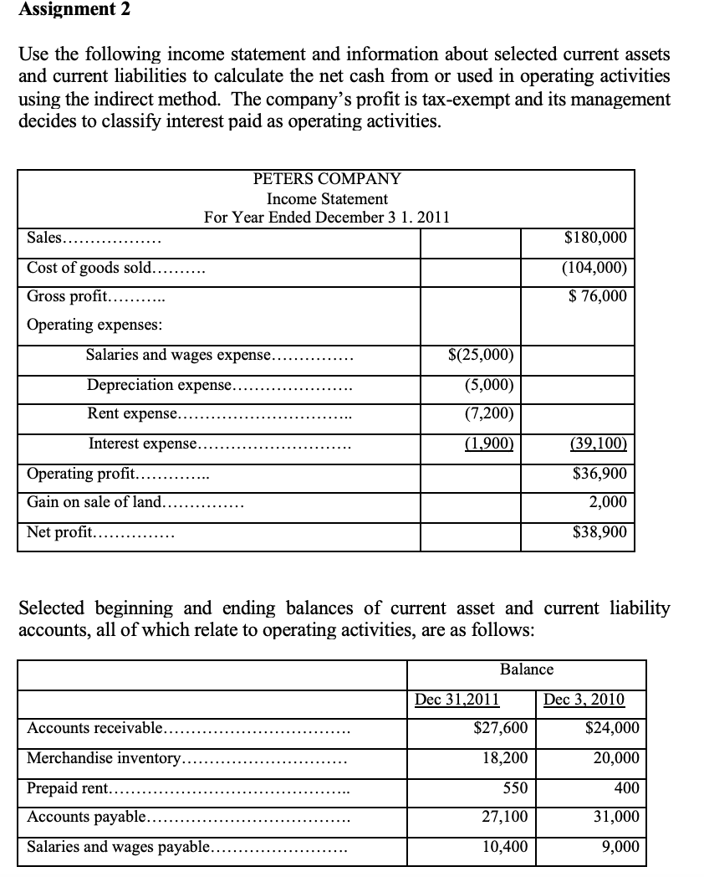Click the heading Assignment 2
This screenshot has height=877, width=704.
64,10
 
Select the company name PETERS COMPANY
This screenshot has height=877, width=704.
327,179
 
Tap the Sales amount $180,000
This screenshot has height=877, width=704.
595,238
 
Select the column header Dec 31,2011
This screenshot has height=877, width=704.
457,700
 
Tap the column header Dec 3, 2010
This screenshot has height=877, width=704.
584,700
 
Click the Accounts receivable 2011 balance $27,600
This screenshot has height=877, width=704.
500,728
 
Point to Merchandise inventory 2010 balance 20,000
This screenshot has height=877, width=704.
615,758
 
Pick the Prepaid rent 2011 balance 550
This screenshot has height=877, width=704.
514,788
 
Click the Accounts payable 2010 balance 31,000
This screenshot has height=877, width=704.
615,817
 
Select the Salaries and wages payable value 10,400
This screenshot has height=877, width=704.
505,846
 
